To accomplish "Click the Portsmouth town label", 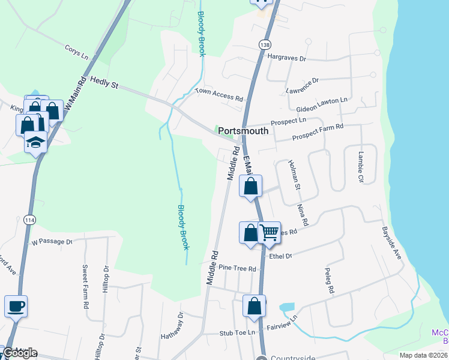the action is point(243,131).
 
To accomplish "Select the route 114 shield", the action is point(29,220).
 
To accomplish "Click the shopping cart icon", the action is point(270,232).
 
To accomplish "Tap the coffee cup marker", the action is point(16,307).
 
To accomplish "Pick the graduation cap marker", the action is point(35,143).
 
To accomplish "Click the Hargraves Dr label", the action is point(287,59).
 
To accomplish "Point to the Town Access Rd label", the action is point(219,95).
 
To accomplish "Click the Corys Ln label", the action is point(76,52).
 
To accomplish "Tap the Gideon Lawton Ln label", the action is point(322,104).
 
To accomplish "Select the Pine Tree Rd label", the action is point(237,268).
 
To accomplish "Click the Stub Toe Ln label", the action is point(237,332).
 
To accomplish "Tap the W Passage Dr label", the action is point(52,242).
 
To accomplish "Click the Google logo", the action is point(20,352).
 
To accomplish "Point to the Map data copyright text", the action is point(423,355).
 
